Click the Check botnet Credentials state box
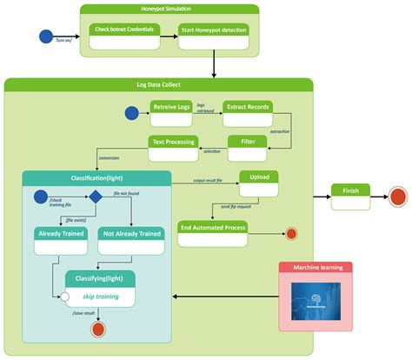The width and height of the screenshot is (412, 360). pyautogui.click(x=123, y=36)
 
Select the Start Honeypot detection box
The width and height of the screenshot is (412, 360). pyautogui.click(x=213, y=36)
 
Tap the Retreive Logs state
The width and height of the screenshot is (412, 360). pyautogui.click(x=171, y=112)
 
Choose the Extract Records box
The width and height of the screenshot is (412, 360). pyautogui.click(x=247, y=112)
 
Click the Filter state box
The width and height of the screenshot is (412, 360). pyautogui.click(x=247, y=145)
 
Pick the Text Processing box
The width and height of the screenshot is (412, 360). pyautogui.click(x=173, y=145)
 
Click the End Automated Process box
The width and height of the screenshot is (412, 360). pyautogui.click(x=213, y=232)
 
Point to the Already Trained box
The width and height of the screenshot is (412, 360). pyautogui.click(x=60, y=239)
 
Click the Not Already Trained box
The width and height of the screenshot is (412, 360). pyautogui.click(x=131, y=239)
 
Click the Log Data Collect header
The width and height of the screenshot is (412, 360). pyautogui.click(x=158, y=84)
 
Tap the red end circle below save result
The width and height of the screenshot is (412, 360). pyautogui.click(x=96, y=329)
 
